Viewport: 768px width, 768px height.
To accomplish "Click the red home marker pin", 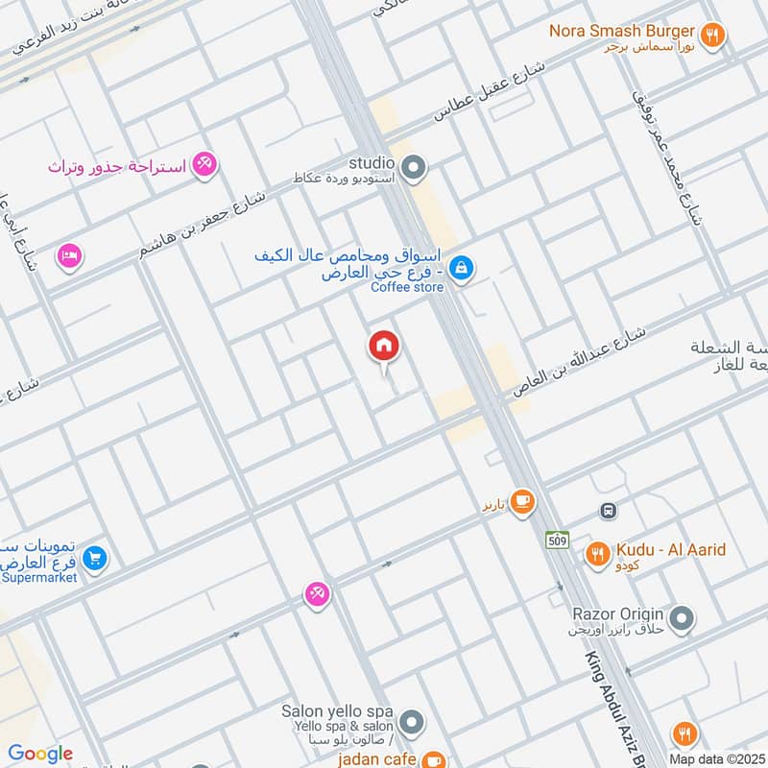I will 384,347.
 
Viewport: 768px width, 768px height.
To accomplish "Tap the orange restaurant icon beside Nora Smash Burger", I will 711,36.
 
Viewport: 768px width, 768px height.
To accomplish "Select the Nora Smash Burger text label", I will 621,31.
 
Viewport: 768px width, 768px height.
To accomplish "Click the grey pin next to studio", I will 414,170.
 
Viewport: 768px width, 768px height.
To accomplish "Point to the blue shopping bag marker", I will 461,268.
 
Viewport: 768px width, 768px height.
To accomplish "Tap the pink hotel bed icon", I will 70,255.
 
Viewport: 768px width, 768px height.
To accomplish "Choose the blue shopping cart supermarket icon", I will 94,557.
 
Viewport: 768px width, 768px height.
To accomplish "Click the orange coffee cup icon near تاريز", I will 522,502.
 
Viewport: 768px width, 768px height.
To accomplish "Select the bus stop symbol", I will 607,511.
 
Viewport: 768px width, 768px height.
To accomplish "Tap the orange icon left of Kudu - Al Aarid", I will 597,554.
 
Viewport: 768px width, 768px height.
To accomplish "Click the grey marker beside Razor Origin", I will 682,618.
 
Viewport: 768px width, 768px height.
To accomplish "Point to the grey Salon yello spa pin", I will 412,721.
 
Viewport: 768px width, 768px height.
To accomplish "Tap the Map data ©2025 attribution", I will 716,758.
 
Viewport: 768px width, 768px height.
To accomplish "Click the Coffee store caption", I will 406,286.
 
